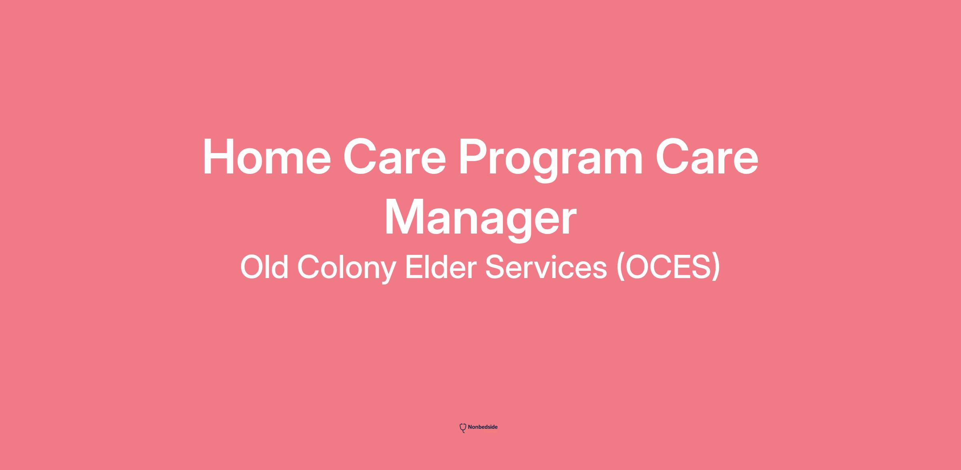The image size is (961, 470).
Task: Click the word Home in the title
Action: pyautogui.click(x=267, y=157)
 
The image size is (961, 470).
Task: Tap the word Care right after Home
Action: pyautogui.click(x=394, y=157)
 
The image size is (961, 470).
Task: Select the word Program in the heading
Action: pyautogui.click(x=551, y=160)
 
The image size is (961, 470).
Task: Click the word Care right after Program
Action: pyautogui.click(x=707, y=157)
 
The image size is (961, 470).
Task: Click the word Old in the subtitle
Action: pyautogui.click(x=264, y=267)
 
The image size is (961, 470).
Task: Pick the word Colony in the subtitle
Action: pyautogui.click(x=347, y=269)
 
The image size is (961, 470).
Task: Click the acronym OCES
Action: pyautogui.click(x=668, y=267)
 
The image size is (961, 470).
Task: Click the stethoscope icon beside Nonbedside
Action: pyautogui.click(x=463, y=428)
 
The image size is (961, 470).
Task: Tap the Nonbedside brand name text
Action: pyautogui.click(x=483, y=427)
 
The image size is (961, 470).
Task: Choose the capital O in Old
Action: pyautogui.click(x=252, y=267)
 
